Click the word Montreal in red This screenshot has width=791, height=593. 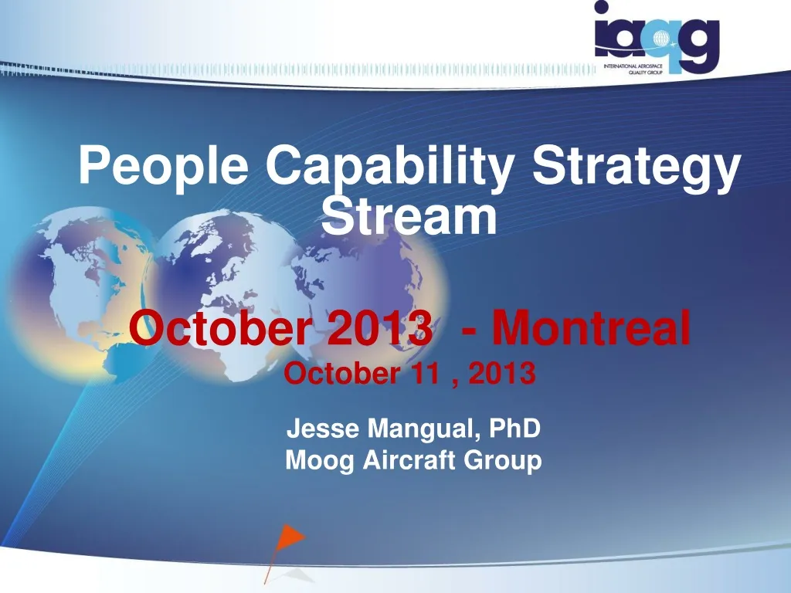[591, 327]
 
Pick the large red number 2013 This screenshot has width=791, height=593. [380, 327]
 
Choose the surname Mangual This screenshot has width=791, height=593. [408, 427]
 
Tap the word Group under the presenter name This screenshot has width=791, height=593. [502, 461]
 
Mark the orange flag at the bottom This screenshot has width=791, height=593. [291, 537]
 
